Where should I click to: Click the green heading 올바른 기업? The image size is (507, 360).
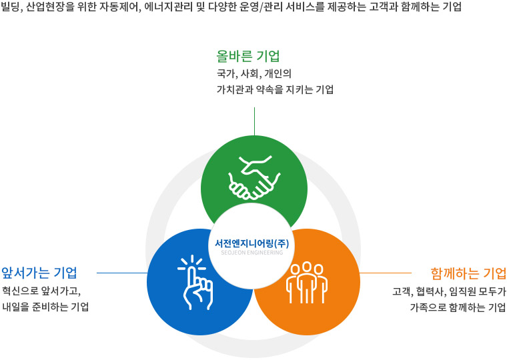pyautogui.click(x=248, y=56)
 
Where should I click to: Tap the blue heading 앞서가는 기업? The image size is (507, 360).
pyautogui.click(x=39, y=273)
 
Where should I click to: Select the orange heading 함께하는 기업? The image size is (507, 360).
pyautogui.click(x=468, y=273)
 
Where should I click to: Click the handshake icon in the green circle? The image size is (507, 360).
pyautogui.click(x=254, y=177)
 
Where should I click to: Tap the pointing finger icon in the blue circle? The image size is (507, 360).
pyautogui.click(x=195, y=282)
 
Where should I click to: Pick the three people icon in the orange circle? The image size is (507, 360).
pyautogui.click(x=306, y=283)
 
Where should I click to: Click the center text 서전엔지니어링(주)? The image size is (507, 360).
pyautogui.click(x=252, y=243)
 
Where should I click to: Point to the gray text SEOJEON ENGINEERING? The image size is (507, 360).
pyautogui.click(x=252, y=253)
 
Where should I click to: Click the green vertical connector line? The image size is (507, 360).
pyautogui.click(x=254, y=121)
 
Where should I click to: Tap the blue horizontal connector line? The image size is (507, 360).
pyautogui.click(x=122, y=273)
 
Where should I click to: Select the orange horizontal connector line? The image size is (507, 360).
pyautogui.click(x=386, y=273)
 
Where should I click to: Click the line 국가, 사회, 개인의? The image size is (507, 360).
pyautogui.click(x=253, y=74)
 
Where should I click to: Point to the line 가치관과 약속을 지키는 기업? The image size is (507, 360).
pyautogui.click(x=275, y=89)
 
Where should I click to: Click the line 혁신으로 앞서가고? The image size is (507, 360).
pyautogui.click(x=41, y=291)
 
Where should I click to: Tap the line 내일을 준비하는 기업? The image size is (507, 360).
pyautogui.click(x=45, y=307)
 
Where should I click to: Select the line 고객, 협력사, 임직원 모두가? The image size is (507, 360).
pyautogui.click(x=449, y=291)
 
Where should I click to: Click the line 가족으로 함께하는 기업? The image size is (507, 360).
pyautogui.click(x=458, y=307)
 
